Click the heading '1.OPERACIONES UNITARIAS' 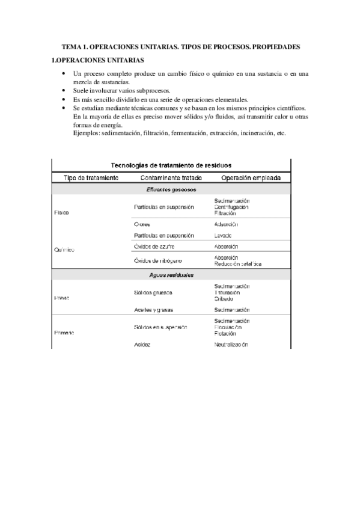(x=97, y=60)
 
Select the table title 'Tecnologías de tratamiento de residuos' (x=172, y=164)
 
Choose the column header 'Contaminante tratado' (x=171, y=177)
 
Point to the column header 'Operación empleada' (x=251, y=177)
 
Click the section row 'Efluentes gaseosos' (x=171, y=189)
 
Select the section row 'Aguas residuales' (x=171, y=275)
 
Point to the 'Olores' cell (x=142, y=224)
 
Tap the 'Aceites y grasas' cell (x=153, y=310)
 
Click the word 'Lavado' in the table (x=223, y=235)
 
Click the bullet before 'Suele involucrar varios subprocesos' (x=64, y=90)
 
